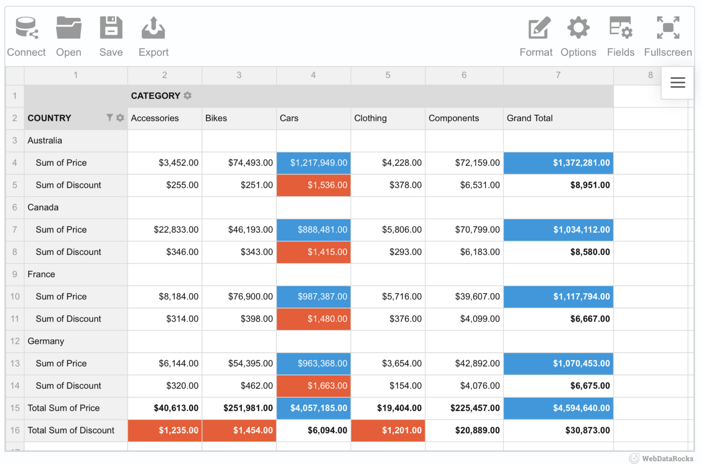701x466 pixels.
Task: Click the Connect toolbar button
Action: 26,36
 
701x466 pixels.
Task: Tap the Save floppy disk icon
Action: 111,28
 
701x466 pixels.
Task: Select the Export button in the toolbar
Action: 153,36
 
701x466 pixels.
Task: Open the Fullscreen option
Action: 668,36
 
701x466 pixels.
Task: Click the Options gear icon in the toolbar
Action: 578,28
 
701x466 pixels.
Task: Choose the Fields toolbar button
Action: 621,36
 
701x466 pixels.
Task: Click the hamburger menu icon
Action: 678,83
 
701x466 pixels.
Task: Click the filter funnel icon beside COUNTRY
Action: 110,118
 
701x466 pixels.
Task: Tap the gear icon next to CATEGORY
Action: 188,95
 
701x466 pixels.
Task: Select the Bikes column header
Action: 216,118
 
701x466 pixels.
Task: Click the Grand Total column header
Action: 529,118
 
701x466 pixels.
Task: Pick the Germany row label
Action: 46,341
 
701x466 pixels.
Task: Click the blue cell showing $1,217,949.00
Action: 314,163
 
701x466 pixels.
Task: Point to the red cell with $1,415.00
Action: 314,252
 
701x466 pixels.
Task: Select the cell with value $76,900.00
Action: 239,296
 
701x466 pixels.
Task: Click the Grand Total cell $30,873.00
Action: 558,430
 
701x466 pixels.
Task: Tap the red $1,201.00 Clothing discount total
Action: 388,430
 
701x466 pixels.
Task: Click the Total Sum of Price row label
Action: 63,408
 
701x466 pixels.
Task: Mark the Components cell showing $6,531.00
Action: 464,185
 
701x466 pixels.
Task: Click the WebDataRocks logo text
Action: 667,459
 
